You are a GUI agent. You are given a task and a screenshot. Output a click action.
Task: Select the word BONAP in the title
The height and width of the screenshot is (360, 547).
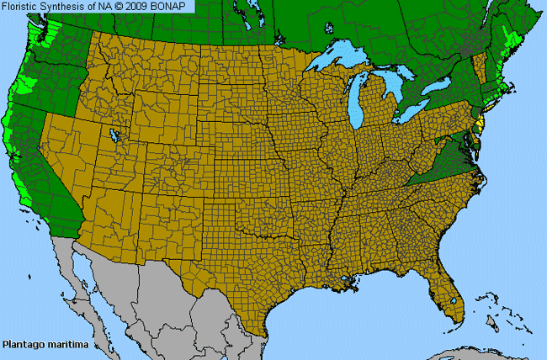click(173, 6)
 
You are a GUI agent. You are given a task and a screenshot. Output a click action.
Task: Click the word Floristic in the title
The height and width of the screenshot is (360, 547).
click(21, 6)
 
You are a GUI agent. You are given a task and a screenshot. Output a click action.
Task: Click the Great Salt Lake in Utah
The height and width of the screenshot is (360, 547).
click(112, 134)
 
